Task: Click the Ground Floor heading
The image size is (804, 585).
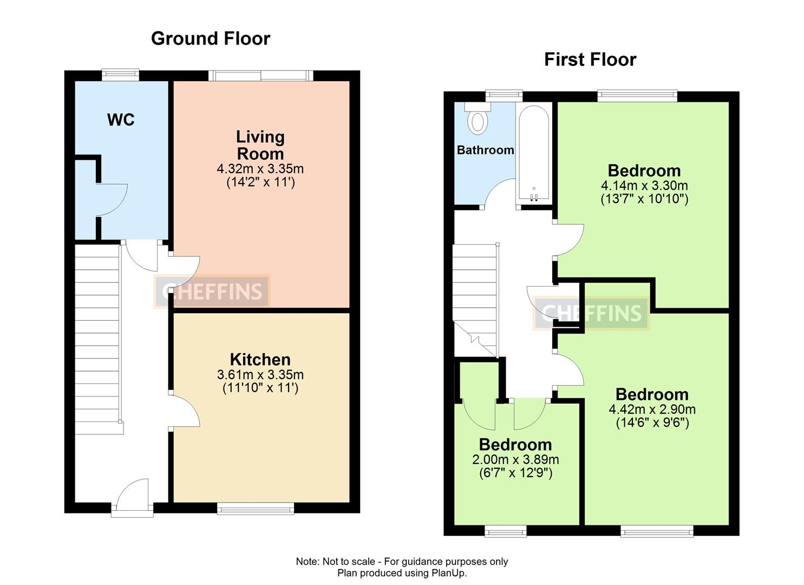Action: coord(210,38)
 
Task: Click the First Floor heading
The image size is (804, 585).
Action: coord(590,59)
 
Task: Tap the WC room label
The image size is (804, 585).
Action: coord(121,120)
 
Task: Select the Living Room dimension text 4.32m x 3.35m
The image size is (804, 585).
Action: coord(260,169)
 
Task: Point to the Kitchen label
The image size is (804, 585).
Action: coord(260,359)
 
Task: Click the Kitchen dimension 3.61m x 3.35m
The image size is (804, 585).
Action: coord(260,374)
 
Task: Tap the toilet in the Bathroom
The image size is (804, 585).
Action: coord(477,120)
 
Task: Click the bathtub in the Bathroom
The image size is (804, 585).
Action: coord(534,153)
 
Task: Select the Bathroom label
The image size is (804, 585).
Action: coord(485,150)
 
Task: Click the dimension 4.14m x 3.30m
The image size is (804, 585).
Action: coord(644,185)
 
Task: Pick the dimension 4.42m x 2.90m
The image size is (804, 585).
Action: coord(652,409)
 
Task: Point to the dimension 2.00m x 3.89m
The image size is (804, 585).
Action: coord(515,459)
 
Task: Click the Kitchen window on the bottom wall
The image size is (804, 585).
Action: coord(255,508)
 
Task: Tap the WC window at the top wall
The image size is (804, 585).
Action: coord(121,75)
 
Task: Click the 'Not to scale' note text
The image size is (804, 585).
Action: coord(401,561)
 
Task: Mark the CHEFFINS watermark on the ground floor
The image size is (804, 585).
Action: coord(212,291)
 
